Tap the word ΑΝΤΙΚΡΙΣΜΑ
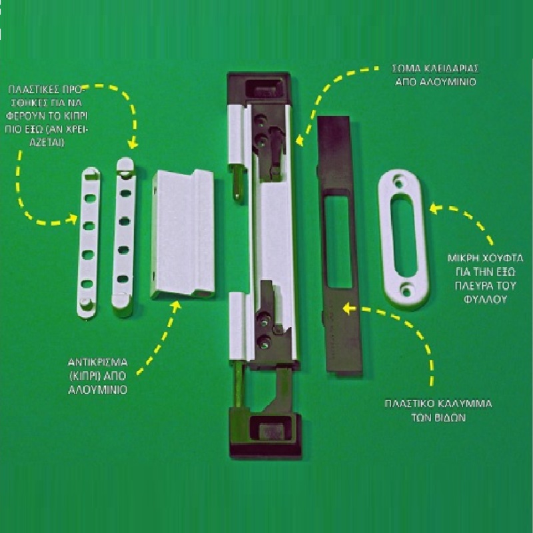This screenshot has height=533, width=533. tap(98, 362)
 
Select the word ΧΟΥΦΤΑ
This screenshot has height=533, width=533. tap(504, 259)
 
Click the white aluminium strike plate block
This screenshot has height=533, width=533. tap(183, 235)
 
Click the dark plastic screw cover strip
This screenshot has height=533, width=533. tap(338, 245)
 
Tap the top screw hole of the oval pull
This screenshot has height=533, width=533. tap(398, 183)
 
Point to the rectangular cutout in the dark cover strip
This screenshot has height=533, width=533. tap(338, 243)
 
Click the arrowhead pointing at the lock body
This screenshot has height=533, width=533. tap(299, 140)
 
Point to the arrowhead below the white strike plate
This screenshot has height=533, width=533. tap(176, 306)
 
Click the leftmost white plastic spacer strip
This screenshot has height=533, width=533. tap(89, 243)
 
